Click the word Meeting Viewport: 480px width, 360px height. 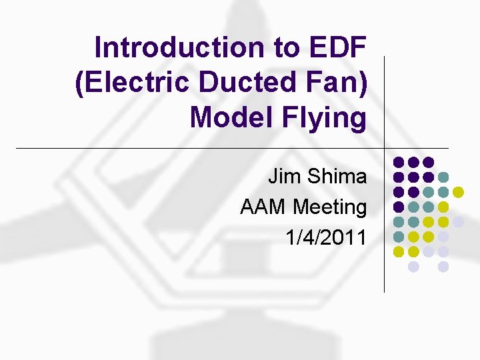331,207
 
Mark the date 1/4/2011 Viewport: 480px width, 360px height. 326,237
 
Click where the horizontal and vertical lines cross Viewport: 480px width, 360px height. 385,148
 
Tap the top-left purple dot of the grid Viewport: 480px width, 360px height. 399,162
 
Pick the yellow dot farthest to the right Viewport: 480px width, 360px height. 459,192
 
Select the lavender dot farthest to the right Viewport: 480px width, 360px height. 459,222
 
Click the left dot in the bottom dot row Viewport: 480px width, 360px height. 413,267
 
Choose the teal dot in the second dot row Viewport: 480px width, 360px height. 443,177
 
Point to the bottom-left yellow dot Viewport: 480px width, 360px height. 399,252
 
